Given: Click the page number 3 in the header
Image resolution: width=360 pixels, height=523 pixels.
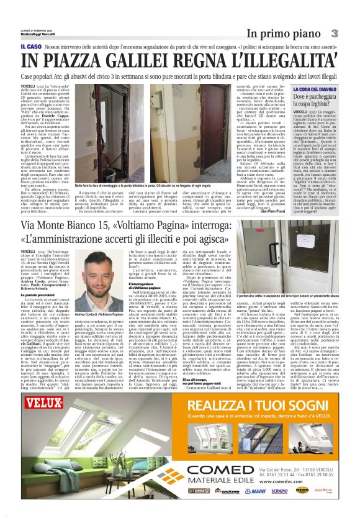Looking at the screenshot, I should click(x=334, y=32).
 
